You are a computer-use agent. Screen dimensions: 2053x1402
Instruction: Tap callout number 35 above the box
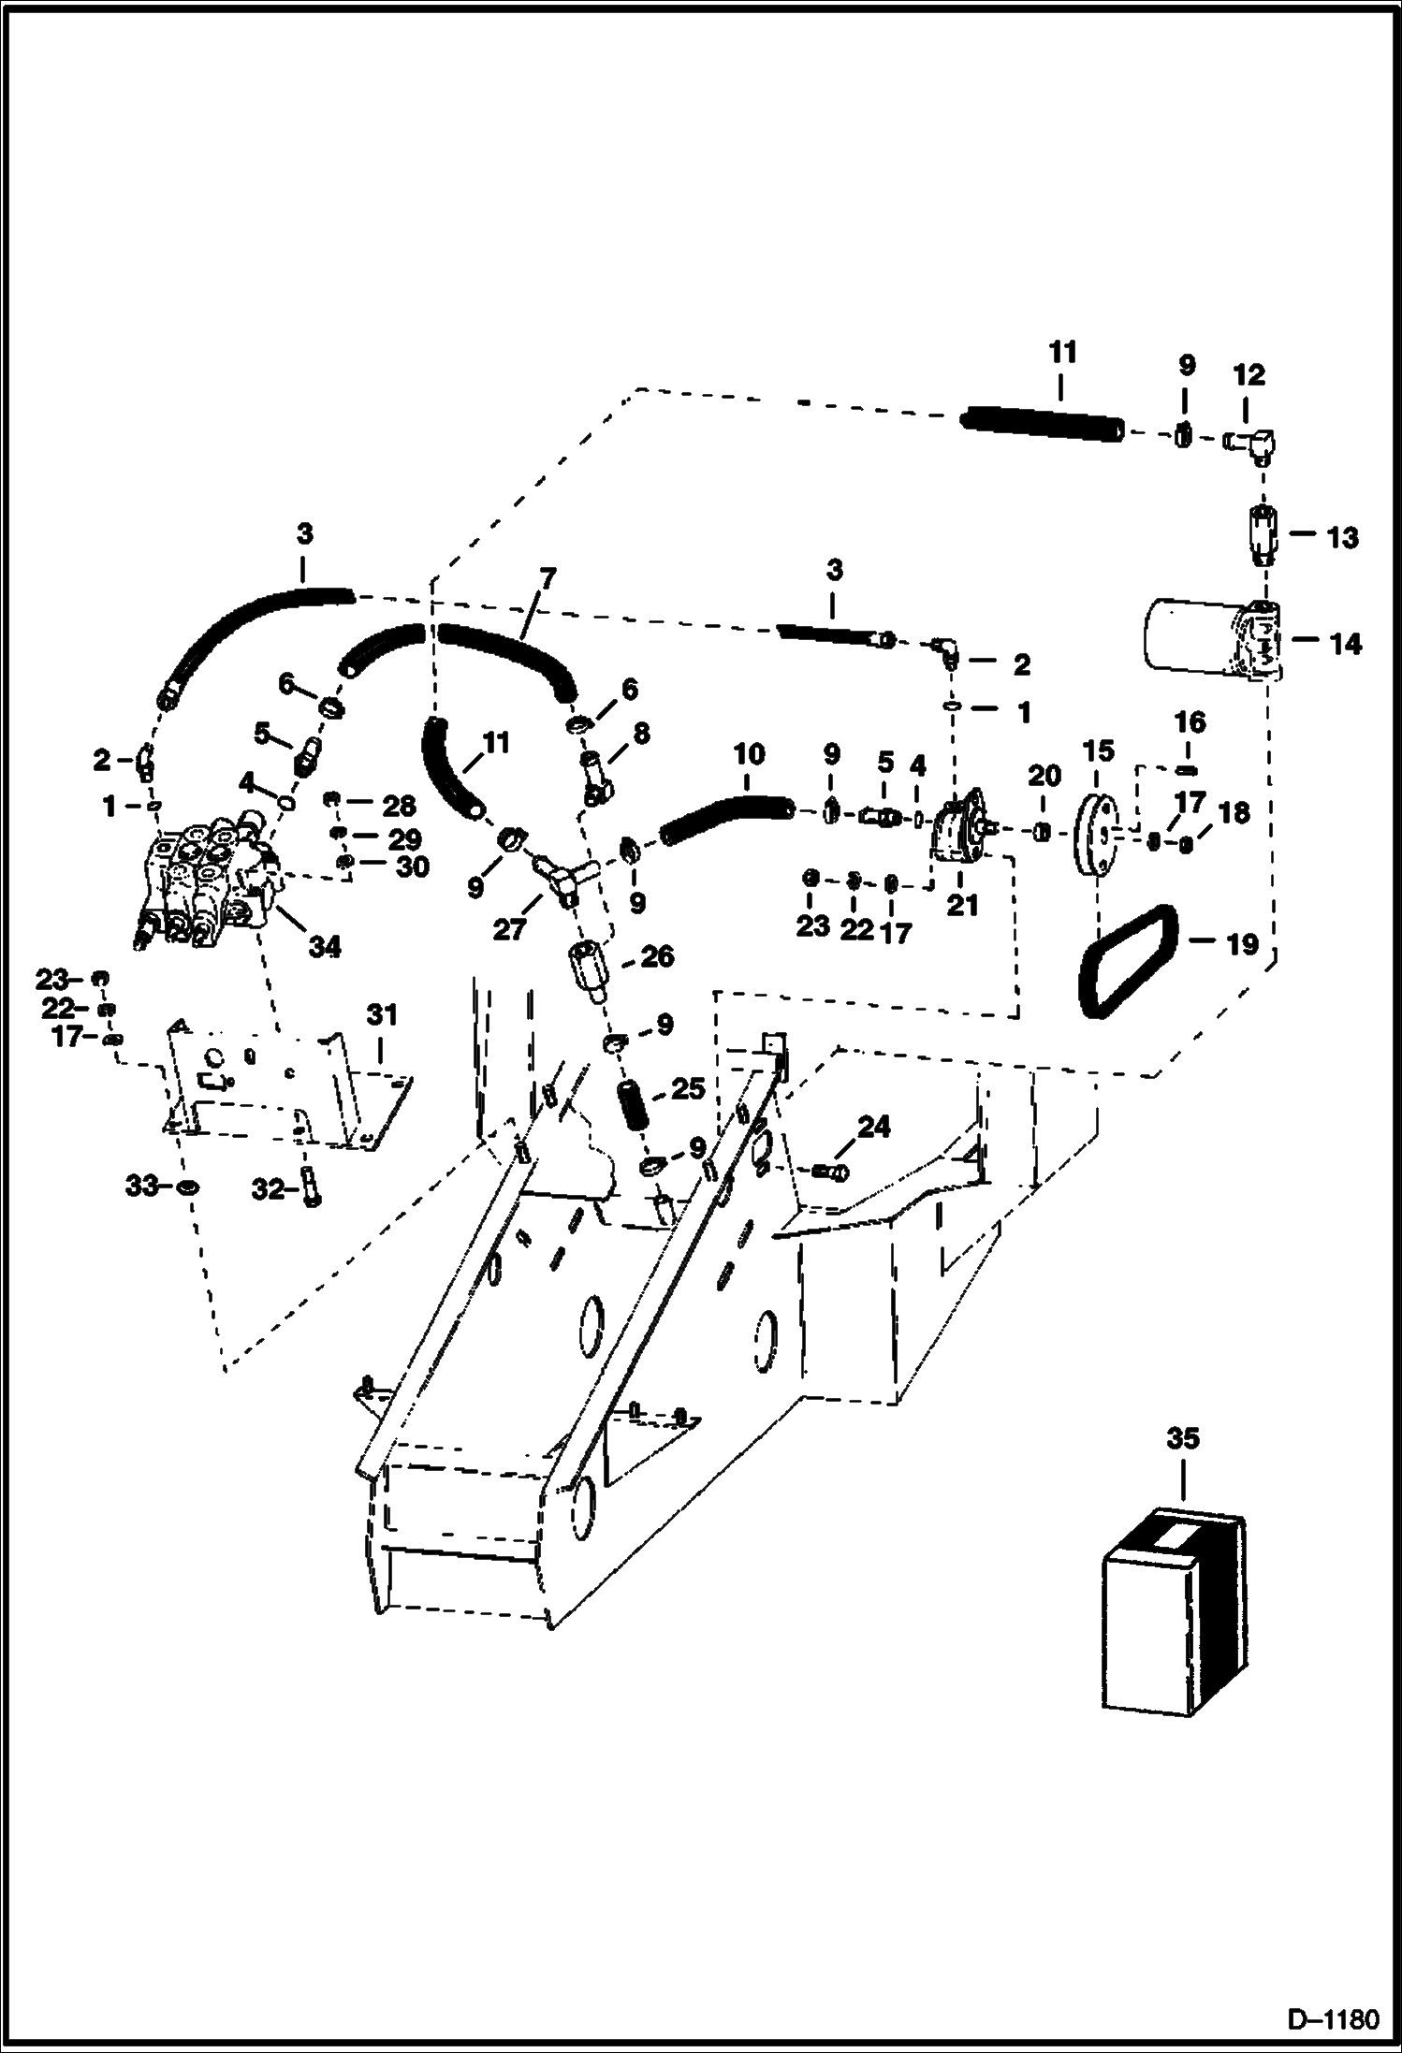[1182, 1438]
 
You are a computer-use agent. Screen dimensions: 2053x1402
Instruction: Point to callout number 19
[1242, 945]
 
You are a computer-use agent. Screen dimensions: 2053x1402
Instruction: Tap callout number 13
[1343, 538]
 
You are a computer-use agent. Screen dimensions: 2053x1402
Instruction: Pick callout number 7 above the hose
[546, 577]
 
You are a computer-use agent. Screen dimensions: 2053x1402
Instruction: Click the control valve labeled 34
[208, 880]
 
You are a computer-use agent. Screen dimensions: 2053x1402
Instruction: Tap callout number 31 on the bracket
[382, 1014]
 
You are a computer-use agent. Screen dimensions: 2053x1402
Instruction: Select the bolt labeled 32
[312, 1188]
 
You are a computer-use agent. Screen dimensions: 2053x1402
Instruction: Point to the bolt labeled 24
[829, 1171]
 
